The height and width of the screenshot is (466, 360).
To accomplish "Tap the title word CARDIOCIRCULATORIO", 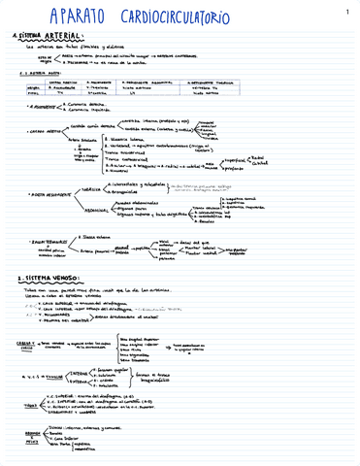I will (x=205, y=17).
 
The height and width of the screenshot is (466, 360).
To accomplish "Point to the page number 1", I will (x=346, y=12).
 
